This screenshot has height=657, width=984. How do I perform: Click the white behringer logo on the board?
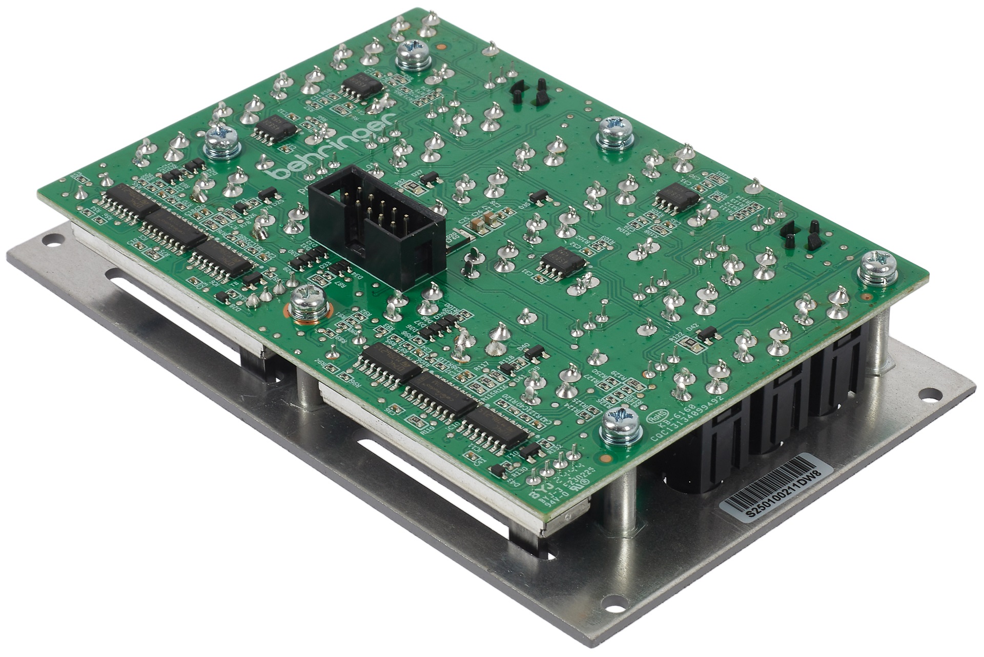coord(333,147)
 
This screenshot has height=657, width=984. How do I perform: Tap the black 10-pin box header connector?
coord(377,225)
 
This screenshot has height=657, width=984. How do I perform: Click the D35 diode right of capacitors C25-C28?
coord(539,196)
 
